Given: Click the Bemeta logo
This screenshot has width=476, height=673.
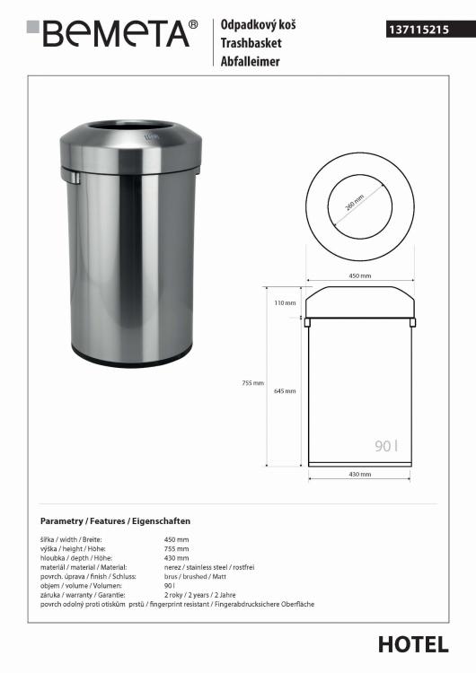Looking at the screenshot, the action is (112, 33).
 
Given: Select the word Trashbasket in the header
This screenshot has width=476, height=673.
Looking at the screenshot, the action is (251, 43).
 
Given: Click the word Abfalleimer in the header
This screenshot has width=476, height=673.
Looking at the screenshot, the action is (250, 61).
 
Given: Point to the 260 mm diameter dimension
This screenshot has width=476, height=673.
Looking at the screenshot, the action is (355, 203).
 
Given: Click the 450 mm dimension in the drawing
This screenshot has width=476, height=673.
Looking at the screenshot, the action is (360, 275).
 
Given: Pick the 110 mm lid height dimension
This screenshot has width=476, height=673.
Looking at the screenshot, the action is (286, 303).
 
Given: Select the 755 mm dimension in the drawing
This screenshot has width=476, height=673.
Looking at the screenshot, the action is (253, 383).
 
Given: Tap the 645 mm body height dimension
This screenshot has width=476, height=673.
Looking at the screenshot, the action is (285, 391).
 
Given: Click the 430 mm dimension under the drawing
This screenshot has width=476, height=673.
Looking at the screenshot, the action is (360, 475).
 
